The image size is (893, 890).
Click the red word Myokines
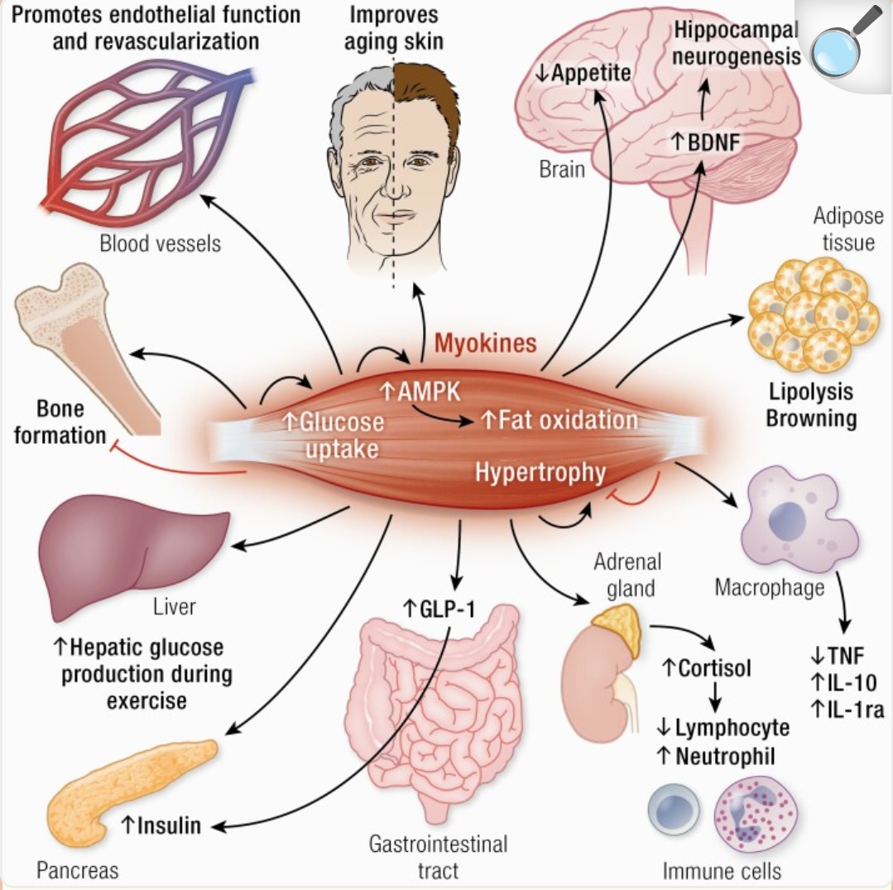(x=486, y=343)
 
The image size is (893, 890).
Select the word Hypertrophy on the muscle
(x=540, y=473)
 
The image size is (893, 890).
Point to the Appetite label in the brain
(x=583, y=73)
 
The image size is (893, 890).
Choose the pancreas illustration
(x=124, y=787)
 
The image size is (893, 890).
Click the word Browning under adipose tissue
(x=810, y=418)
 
